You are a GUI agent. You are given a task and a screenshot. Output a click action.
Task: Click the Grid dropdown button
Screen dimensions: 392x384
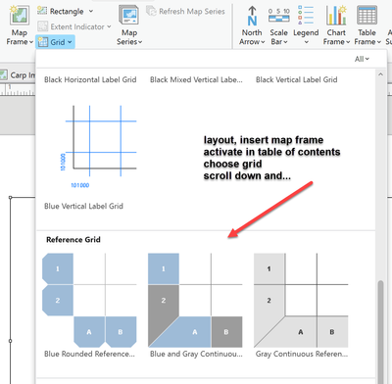55,42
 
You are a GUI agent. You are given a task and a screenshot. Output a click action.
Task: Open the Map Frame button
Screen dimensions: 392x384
20,25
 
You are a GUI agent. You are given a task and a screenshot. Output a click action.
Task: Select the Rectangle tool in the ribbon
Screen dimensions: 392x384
65,12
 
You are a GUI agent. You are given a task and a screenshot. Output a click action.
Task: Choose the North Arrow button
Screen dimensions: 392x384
252,25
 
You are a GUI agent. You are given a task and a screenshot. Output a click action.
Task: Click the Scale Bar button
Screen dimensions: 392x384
279,25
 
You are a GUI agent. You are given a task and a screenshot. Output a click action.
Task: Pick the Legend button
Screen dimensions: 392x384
306,25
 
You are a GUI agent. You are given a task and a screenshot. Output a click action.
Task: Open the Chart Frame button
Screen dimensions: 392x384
336,25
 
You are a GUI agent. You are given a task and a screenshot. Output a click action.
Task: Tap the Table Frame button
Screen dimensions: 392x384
367,25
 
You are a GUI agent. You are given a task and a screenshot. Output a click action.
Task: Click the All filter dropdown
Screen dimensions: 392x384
362,59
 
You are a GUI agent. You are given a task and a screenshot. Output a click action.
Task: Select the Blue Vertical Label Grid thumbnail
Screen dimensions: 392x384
101,147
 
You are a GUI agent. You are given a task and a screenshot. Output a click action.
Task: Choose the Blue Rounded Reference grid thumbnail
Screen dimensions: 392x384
89,300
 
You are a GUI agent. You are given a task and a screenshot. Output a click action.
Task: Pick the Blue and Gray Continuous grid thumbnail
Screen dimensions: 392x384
195,300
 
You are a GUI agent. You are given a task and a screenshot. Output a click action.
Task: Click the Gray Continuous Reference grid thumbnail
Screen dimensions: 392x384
301,300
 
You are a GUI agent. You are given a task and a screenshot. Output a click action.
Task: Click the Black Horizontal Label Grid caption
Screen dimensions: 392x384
90,79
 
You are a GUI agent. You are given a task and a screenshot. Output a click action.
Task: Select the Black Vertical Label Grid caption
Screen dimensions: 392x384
296,79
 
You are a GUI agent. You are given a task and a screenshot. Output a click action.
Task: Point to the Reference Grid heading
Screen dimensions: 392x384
73,240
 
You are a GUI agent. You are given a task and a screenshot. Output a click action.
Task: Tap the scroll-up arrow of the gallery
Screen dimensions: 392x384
380,74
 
